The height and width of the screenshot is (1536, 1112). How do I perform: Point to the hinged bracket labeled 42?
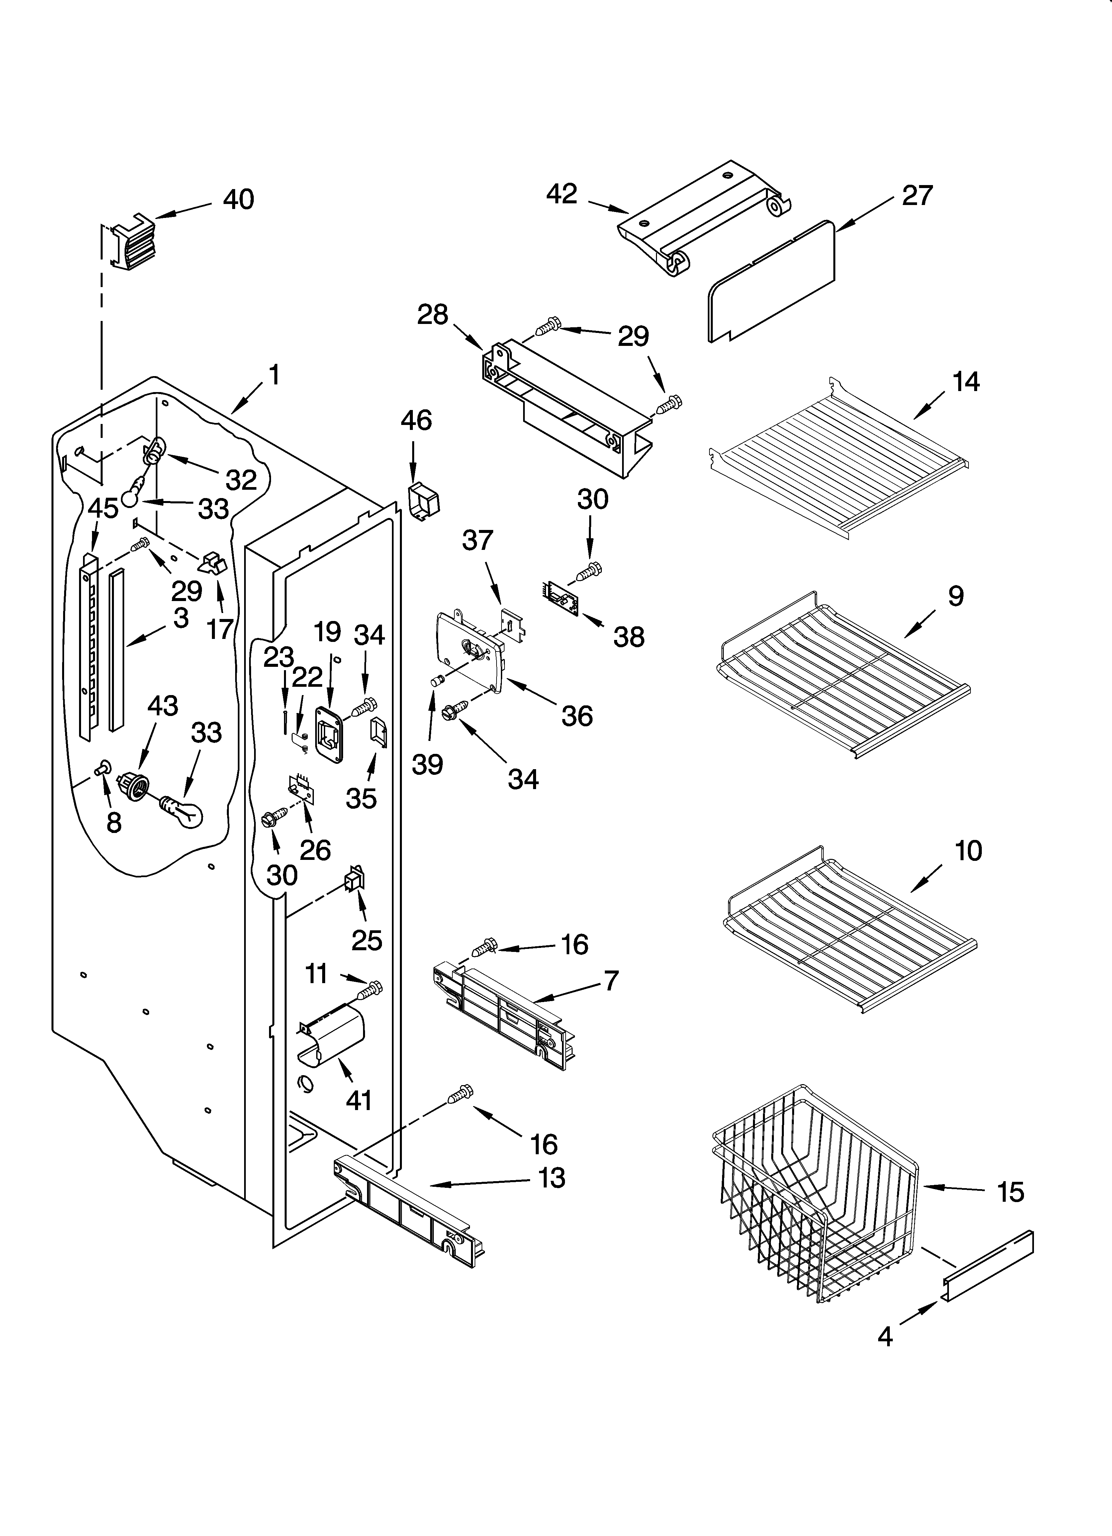point(704,217)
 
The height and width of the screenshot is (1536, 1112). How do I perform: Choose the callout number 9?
point(955,596)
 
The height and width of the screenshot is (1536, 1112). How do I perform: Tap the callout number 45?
point(103,509)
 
